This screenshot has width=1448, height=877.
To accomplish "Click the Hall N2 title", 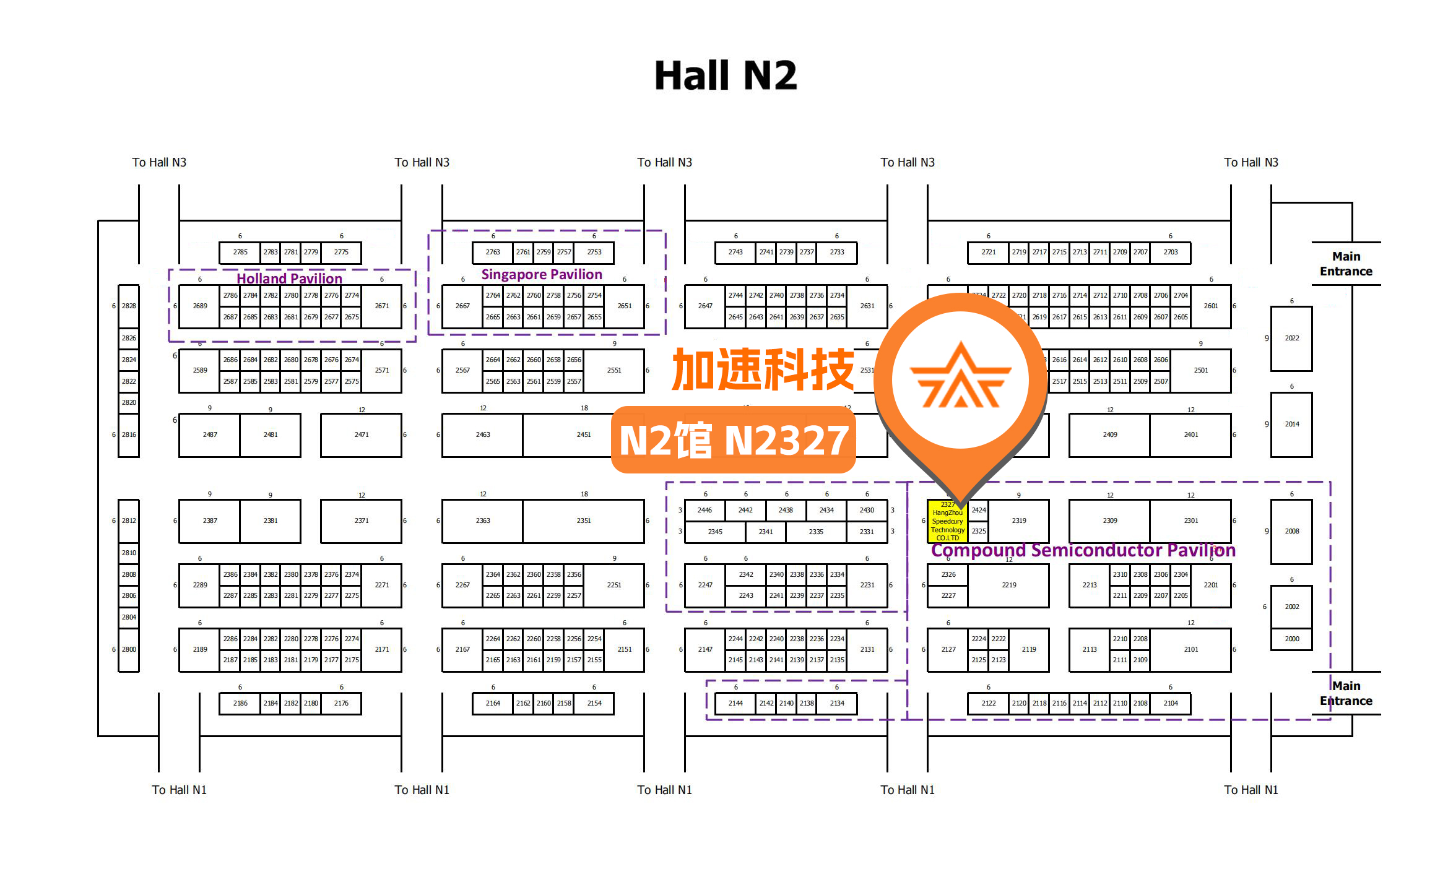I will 726,76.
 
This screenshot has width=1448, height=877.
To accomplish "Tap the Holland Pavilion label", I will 289,279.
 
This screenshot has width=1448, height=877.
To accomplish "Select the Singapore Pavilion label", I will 542,274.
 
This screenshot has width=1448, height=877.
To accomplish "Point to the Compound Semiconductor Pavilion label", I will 1083,550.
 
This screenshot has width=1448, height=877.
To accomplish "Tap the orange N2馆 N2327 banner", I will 734,440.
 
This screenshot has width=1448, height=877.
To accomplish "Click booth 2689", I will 200,306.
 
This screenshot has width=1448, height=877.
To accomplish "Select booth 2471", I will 362,434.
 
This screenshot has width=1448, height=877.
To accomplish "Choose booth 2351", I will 584,521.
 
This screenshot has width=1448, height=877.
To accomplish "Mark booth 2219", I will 1009,585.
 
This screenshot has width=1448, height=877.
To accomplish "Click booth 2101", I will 1190,649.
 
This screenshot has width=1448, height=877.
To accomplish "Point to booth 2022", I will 1291,338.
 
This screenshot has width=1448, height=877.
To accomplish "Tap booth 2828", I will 129,306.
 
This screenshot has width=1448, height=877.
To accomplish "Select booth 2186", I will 240,703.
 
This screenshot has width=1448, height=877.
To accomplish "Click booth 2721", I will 989,252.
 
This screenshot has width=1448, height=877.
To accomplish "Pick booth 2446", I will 704,510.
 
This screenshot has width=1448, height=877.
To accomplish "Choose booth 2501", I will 1200,370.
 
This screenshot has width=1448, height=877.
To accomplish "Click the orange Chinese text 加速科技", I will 763,369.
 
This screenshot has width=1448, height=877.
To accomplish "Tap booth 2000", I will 1291,639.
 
